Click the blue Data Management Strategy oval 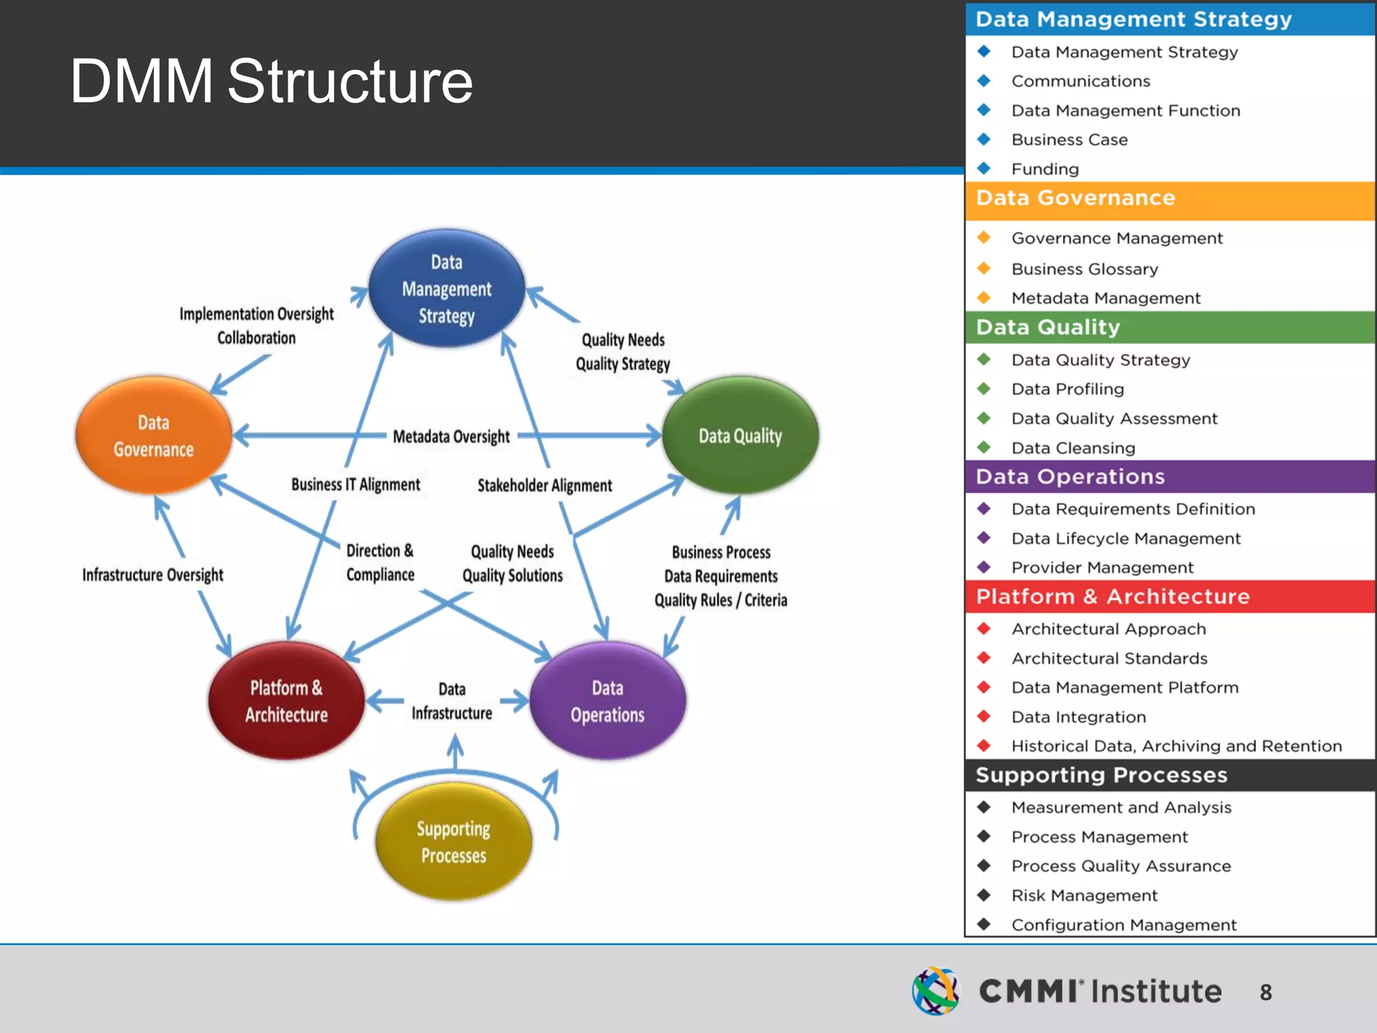446,289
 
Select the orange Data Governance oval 154,436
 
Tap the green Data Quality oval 740,436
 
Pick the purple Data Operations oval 608,701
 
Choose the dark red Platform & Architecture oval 286,701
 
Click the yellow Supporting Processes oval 453,842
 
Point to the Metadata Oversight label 451,437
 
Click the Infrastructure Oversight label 153,575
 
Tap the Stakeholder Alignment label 545,486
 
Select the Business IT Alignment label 356,485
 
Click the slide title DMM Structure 271,81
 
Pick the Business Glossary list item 1085,269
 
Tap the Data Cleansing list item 1073,448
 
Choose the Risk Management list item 1085,896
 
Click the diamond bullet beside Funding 984,168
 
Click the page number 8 1265,993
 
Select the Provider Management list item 1102,568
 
